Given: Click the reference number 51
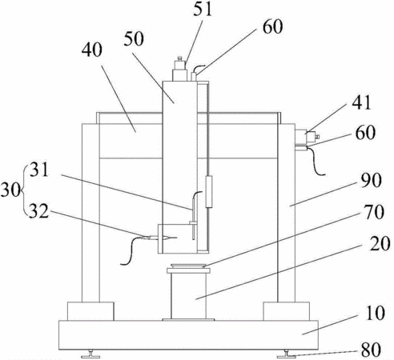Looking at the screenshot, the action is point(203,9).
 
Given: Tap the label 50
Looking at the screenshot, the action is point(134,39).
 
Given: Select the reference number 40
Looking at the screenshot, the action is point(92,50).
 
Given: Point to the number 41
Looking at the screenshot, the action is point(361,102).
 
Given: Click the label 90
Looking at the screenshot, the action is point(372,181).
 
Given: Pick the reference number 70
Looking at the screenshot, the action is point(374,212).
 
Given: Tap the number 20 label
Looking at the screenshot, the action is point(380,243).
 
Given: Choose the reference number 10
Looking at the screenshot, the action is point(376,313).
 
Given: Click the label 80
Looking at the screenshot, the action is point(371,350).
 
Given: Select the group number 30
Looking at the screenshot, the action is point(10,190).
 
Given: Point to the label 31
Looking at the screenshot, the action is point(39,170).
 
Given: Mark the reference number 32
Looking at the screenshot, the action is point(39,211).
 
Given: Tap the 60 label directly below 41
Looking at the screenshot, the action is point(365,133).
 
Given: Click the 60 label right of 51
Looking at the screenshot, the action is point(272,26).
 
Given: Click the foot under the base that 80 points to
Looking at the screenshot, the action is point(286,354).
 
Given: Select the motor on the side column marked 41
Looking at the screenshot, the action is point(307,136).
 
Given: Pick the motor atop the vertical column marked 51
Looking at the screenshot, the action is point(179,69).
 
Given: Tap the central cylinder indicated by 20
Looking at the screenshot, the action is point(188,296).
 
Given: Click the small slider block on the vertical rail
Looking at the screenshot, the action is point(209,191).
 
